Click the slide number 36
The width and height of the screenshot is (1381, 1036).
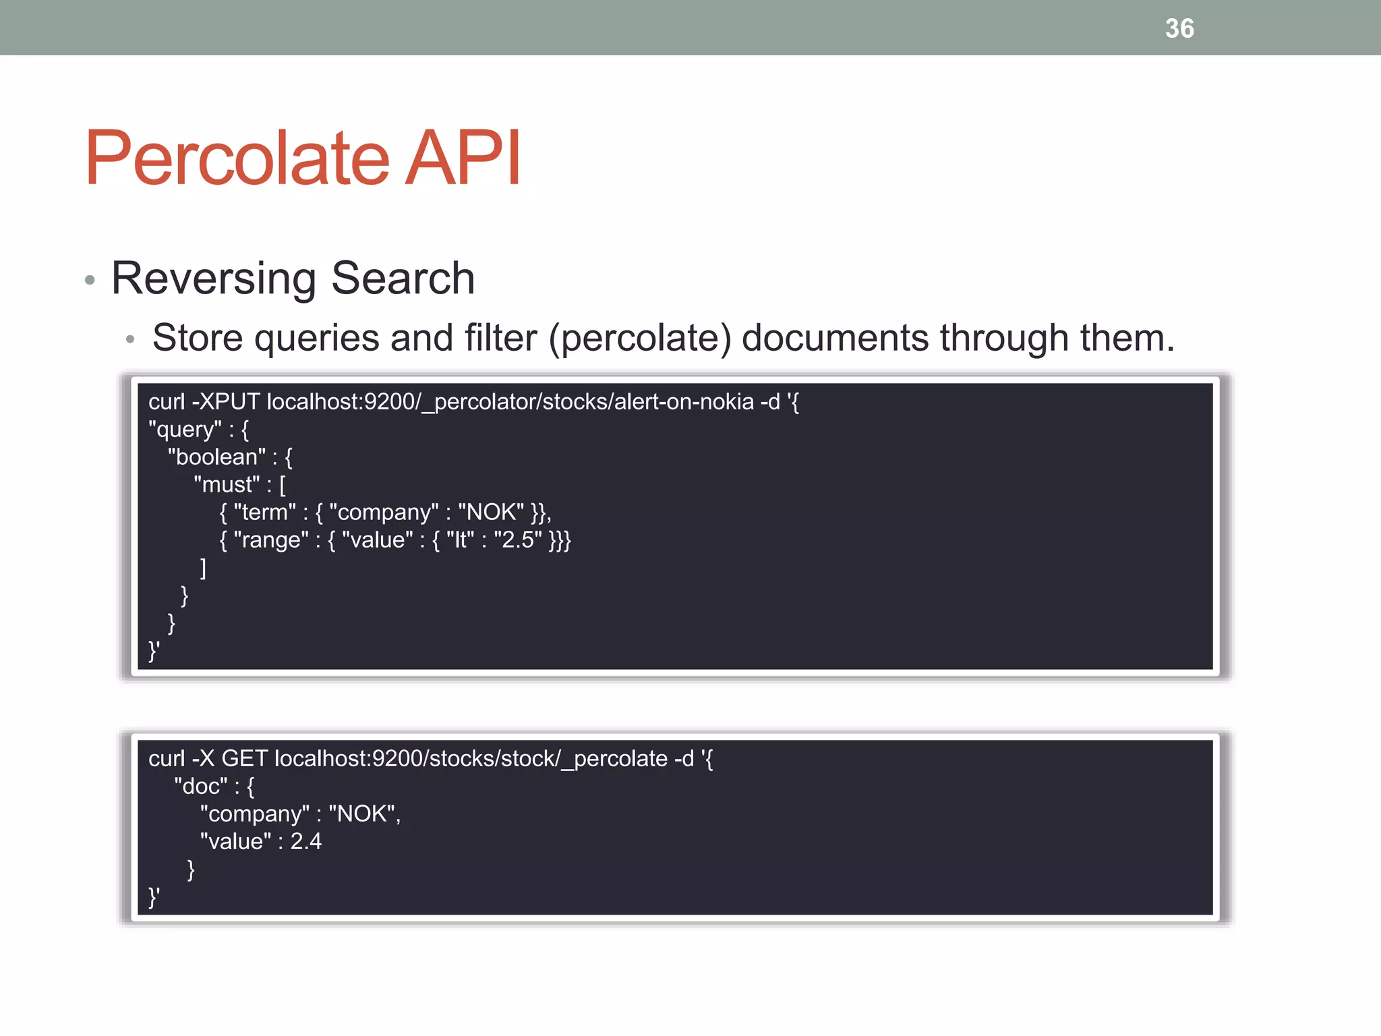pos(1179,28)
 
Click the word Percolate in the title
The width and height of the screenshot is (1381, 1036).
pos(237,158)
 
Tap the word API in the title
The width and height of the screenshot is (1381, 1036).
pos(463,158)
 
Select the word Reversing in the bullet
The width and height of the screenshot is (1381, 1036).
pos(213,278)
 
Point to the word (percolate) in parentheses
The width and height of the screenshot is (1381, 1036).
pos(640,338)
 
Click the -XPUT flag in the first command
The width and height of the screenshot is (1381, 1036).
pos(226,402)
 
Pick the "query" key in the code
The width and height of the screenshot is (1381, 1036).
pos(185,430)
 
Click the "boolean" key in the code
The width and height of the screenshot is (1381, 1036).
pos(216,457)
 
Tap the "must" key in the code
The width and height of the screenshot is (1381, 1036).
pos(227,485)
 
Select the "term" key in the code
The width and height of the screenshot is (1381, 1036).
pos(264,513)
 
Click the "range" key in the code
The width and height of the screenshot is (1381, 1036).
pos(270,540)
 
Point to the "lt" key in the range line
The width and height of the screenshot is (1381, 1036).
pos(461,540)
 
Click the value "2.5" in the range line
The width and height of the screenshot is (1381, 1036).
pos(518,540)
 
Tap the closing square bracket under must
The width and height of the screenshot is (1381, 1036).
pos(203,568)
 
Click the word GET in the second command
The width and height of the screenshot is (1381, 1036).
pos(244,759)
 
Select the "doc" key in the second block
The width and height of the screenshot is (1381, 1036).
pos(201,786)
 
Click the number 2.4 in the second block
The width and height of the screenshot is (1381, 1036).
pos(306,842)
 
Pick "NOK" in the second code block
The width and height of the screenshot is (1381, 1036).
pos(361,814)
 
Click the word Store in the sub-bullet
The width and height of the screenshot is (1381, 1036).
pos(198,338)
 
